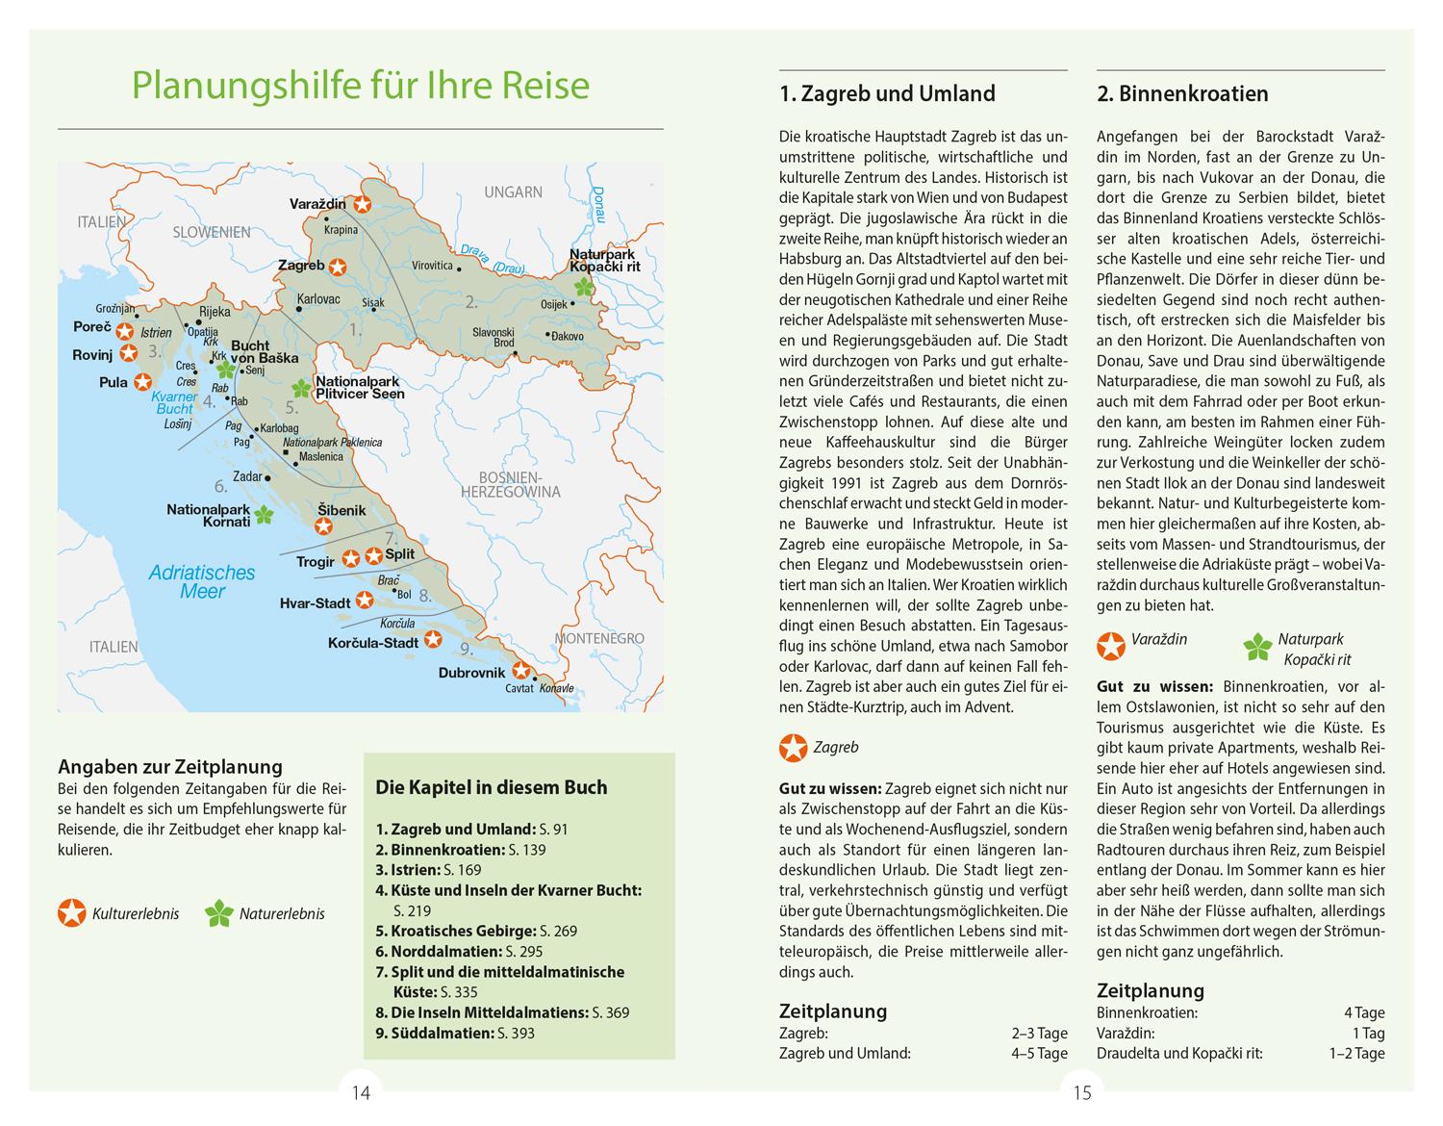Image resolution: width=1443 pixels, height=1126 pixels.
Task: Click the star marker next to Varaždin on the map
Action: pos(362,204)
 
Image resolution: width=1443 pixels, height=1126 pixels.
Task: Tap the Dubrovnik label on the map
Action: pos(471,673)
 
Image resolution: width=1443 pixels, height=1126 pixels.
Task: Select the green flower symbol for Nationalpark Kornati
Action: pos(264,515)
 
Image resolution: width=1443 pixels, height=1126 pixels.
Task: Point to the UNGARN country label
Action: pos(513,192)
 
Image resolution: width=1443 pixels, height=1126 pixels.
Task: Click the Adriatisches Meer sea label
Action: pos(202,581)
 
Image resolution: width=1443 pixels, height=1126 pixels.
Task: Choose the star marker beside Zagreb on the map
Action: pos(339,268)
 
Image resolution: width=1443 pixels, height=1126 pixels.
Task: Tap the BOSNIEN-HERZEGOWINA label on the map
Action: pos(510,484)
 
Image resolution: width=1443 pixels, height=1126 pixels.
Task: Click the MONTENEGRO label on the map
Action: pos(598,638)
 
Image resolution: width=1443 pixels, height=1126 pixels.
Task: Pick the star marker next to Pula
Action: pos(143,382)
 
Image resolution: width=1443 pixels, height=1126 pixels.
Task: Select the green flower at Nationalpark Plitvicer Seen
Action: pos(301,388)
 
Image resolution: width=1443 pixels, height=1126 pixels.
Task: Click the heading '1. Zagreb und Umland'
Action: pos(886,93)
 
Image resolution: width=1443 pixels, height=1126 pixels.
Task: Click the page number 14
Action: pos(361,1092)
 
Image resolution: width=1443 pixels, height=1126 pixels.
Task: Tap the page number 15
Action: pos(1082,1092)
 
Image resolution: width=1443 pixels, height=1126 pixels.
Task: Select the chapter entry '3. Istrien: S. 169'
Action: pos(428,870)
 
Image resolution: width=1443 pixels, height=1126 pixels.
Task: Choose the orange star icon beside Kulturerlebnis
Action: pos(72,913)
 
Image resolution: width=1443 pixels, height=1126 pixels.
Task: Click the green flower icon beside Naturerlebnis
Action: pos(219,913)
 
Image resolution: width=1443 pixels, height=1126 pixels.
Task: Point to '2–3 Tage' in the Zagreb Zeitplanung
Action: pos(1039,1033)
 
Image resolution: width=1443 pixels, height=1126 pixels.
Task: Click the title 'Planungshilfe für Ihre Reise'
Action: pos(360,85)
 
